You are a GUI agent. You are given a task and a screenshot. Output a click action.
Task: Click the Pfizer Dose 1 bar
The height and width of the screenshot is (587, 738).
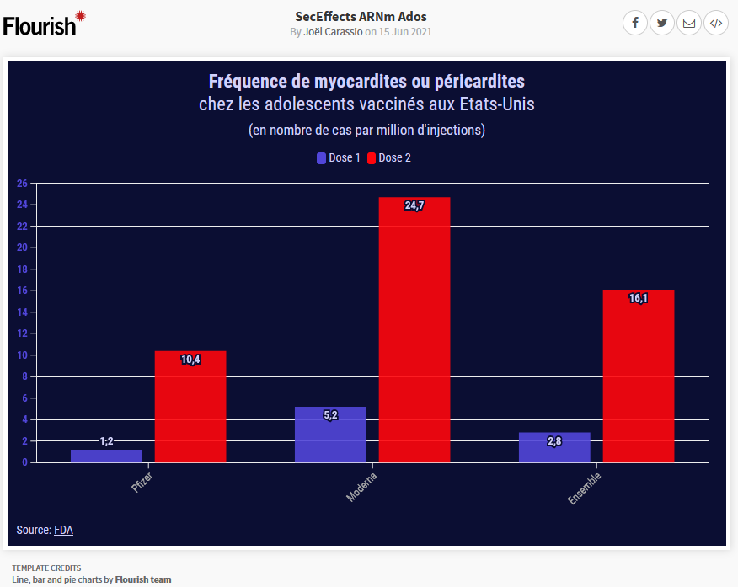tap(106, 456)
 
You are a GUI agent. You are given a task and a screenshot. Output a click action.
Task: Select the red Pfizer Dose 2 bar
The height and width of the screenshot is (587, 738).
tap(190, 407)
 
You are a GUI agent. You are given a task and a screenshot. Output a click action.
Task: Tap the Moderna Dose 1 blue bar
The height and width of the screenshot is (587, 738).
tap(330, 435)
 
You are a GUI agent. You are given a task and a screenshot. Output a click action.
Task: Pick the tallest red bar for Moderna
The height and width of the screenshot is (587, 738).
tap(414, 330)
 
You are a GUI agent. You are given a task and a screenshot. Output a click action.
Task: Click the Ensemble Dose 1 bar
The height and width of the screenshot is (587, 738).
tap(554, 447)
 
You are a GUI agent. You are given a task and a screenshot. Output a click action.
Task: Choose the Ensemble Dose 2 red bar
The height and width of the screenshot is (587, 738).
tap(639, 376)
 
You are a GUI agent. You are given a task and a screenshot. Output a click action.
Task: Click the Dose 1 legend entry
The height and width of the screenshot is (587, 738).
tap(339, 157)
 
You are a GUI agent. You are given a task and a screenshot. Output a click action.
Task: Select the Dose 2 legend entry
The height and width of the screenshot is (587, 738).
tap(389, 157)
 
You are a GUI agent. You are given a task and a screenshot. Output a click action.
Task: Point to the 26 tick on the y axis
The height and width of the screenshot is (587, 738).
tap(23, 184)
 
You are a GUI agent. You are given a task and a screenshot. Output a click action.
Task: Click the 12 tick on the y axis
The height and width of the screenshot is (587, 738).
tap(23, 334)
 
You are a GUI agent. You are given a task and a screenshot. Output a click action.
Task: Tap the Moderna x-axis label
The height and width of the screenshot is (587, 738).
tap(362, 487)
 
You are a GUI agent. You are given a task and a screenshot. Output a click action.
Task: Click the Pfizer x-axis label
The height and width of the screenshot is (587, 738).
tap(142, 483)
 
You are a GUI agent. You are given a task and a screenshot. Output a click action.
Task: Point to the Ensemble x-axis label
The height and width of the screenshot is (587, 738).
tap(585, 488)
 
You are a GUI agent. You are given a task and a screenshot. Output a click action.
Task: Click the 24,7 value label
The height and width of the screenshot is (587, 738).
tap(414, 205)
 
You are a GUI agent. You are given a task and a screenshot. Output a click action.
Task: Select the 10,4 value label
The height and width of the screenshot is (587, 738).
tap(190, 360)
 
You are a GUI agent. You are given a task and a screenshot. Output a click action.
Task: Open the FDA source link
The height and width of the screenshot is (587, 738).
tap(63, 530)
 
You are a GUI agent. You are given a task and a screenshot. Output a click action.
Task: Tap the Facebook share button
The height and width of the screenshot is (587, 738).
tap(635, 23)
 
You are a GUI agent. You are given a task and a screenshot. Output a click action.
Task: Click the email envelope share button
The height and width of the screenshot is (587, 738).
tap(689, 23)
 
